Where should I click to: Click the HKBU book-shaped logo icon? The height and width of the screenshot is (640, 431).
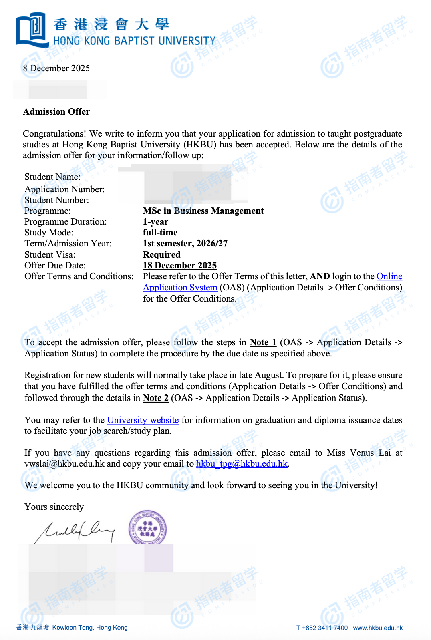tap(32, 30)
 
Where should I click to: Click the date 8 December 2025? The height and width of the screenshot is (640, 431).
tap(56, 68)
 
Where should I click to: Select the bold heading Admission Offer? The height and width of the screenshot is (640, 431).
tap(56, 112)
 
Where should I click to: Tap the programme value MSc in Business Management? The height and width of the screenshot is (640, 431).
tap(203, 211)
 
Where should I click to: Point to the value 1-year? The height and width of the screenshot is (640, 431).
tap(155, 222)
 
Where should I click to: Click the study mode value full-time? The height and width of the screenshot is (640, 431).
tap(160, 233)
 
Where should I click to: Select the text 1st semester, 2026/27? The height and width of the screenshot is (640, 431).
tap(185, 244)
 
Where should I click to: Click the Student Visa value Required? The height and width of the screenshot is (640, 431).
tap(161, 255)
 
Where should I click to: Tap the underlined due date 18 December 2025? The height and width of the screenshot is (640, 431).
tap(179, 266)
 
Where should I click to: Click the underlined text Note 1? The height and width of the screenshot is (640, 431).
tap(263, 342)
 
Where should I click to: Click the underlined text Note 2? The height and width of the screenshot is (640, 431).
tap(155, 398)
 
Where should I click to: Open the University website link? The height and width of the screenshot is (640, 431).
tap(143, 420)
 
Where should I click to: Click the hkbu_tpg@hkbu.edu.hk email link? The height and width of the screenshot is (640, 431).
tap(242, 464)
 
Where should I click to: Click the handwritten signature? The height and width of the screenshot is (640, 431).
tap(76, 531)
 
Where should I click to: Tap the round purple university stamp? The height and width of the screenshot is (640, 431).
tap(147, 528)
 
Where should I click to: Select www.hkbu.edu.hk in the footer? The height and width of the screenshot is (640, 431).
tap(377, 628)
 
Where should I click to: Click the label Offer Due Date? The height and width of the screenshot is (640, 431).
tap(55, 266)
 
